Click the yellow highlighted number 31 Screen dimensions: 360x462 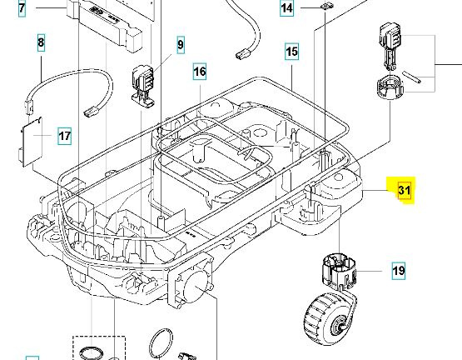pos(405,190)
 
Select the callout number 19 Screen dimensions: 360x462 pos(399,270)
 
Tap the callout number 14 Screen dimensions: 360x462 pos(287,9)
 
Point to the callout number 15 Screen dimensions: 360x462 pos(291,52)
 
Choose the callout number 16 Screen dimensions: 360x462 pos(200,72)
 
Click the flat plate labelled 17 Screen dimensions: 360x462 pos(32,136)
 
